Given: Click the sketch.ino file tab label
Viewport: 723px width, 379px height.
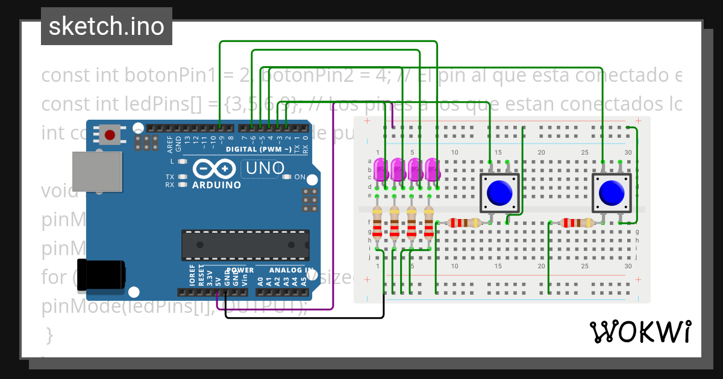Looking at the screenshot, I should (106, 26).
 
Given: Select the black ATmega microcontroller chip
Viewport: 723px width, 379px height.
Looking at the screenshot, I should (246, 245).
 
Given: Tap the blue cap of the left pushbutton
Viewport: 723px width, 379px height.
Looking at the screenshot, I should (499, 192).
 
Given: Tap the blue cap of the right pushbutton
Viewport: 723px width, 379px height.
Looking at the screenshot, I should (612, 193).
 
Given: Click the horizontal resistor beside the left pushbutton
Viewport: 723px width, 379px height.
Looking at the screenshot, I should (463, 223).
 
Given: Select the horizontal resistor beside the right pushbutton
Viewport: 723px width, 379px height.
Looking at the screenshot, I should (577, 223).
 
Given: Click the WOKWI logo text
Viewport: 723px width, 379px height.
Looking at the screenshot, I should (640, 332).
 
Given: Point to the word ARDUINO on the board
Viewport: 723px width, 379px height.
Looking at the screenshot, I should (216, 185).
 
